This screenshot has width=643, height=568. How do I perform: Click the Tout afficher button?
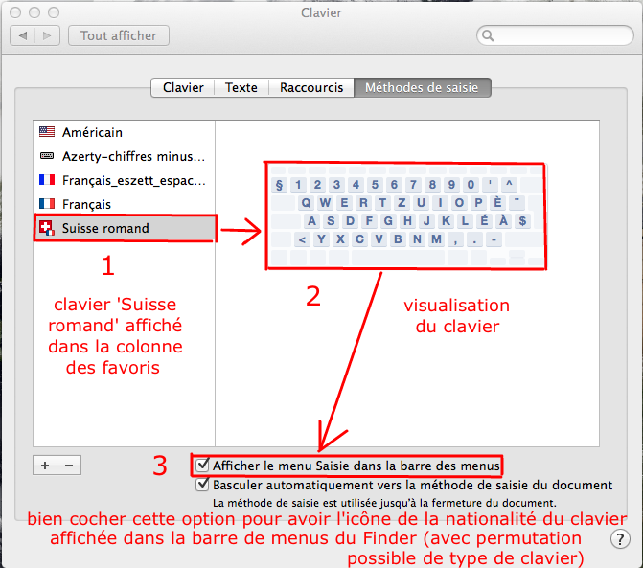click(119, 35)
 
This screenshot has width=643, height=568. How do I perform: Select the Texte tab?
click(241, 87)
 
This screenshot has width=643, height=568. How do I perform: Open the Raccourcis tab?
click(311, 87)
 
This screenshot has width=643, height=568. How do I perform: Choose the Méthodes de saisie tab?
click(422, 87)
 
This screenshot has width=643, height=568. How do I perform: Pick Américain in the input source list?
click(92, 132)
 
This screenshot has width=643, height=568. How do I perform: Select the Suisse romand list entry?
click(105, 228)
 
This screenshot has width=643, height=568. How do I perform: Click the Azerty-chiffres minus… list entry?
click(133, 156)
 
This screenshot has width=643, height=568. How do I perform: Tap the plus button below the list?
click(45, 466)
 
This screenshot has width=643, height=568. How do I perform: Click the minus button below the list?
click(69, 466)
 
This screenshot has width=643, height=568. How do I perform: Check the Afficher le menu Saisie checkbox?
click(202, 466)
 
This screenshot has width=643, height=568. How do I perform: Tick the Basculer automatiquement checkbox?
click(202, 485)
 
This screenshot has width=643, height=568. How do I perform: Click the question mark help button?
click(620, 539)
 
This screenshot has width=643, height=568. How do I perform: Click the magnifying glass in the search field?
click(488, 35)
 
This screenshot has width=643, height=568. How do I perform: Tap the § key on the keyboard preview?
click(279, 185)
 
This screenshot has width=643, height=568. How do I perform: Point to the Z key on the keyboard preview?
click(402, 203)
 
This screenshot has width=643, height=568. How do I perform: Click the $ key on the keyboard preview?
click(522, 221)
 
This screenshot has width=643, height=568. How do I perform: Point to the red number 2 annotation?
click(313, 296)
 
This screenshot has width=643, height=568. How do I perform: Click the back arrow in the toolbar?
click(23, 35)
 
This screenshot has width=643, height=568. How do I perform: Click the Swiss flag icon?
click(47, 228)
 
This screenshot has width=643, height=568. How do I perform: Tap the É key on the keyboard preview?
click(484, 221)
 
